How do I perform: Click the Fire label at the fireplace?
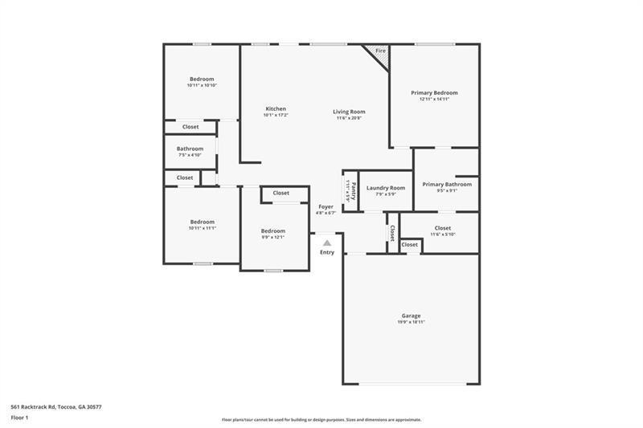(x=380, y=51)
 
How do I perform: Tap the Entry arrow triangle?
(x=326, y=242)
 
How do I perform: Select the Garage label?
(x=411, y=316)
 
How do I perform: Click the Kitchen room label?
(x=276, y=109)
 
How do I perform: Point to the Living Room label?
(x=350, y=112)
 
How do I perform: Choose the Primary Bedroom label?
(x=434, y=93)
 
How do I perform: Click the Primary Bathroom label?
(x=447, y=184)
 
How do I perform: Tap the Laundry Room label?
(x=386, y=188)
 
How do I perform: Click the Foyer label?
(x=326, y=206)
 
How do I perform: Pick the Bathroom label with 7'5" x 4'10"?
(x=190, y=149)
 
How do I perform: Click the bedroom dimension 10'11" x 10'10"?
(x=202, y=85)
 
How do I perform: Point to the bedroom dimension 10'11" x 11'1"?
(x=202, y=228)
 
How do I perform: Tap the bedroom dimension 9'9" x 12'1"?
(x=272, y=237)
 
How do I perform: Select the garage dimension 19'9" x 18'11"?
(x=411, y=322)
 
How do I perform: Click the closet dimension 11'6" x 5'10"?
(x=442, y=234)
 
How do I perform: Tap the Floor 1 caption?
(x=20, y=418)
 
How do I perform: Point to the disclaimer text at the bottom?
(x=321, y=419)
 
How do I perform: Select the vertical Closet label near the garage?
(x=392, y=233)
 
